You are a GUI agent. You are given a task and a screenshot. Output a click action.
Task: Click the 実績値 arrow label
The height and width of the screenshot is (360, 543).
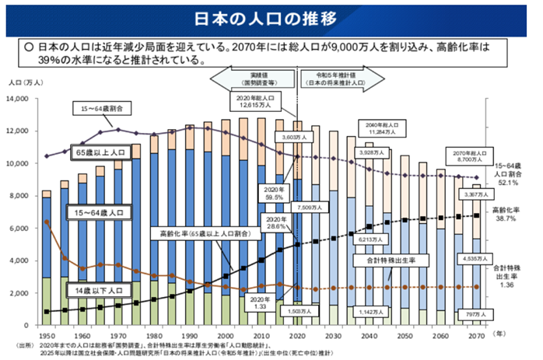pyautogui.click(x=259, y=78)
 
